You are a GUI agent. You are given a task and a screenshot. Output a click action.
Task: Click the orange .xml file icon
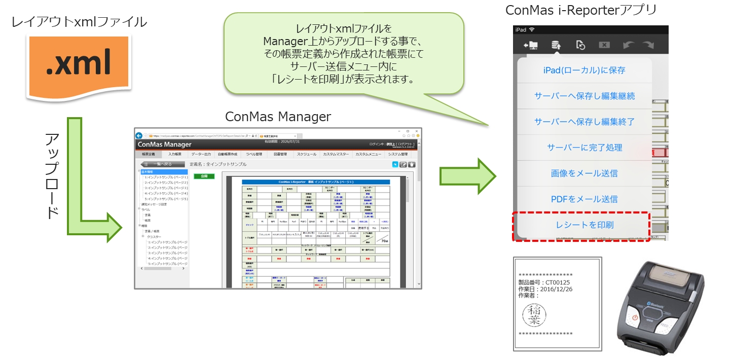[79, 65]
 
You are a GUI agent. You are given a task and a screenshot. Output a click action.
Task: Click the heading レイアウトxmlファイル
[79, 22]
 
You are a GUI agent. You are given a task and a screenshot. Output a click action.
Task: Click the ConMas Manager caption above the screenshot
[278, 117]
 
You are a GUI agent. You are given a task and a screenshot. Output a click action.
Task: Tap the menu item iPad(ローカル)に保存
[584, 70]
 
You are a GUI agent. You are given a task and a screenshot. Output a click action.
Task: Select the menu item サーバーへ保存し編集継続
[584, 96]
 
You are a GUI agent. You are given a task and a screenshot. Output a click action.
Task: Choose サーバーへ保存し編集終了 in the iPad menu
[584, 122]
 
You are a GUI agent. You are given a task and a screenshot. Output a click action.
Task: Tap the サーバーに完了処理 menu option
[584, 148]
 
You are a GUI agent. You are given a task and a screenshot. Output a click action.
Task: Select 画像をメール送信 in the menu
[584, 173]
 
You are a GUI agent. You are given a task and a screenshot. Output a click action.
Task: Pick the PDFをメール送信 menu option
[584, 199]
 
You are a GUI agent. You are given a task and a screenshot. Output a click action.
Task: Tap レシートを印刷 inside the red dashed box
[584, 225]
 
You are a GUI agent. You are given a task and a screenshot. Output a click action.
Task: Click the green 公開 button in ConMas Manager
[204, 176]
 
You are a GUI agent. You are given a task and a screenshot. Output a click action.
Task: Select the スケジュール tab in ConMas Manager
[306, 154]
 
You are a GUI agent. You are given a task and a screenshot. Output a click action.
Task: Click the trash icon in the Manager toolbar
[412, 164]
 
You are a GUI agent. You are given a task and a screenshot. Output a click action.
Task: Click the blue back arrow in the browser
[139, 135]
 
